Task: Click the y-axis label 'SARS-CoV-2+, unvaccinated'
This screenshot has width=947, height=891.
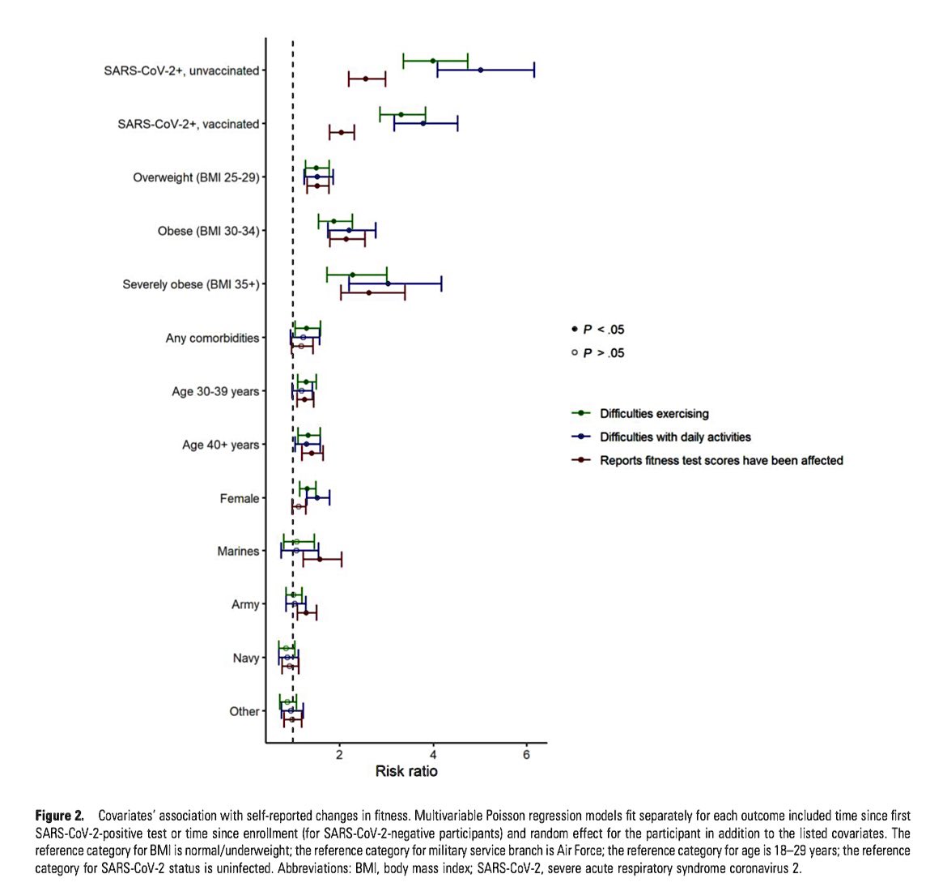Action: click(181, 70)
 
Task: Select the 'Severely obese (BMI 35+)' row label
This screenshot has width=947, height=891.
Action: click(191, 284)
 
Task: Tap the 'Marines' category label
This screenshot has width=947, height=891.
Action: click(238, 551)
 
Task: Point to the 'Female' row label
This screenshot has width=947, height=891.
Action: click(240, 498)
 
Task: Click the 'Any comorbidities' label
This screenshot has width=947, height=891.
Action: click(212, 338)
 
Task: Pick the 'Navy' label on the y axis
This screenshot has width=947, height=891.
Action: click(246, 658)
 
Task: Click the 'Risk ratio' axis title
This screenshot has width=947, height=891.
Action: click(406, 771)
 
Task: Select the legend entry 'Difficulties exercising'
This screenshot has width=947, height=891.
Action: click(654, 414)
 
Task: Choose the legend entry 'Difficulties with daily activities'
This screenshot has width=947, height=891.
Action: click(675, 437)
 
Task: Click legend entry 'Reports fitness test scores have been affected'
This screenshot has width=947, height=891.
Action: click(721, 461)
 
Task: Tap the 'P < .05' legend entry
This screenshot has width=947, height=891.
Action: click(603, 330)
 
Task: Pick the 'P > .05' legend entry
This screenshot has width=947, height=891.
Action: click(603, 353)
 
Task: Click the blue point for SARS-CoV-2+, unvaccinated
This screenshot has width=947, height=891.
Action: click(481, 70)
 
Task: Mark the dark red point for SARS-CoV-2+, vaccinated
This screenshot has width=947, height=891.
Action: click(342, 132)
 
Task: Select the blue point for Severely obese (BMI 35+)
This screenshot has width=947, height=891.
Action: click(388, 283)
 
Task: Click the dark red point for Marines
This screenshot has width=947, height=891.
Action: click(320, 559)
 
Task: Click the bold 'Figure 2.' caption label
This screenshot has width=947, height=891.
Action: click(60, 814)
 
